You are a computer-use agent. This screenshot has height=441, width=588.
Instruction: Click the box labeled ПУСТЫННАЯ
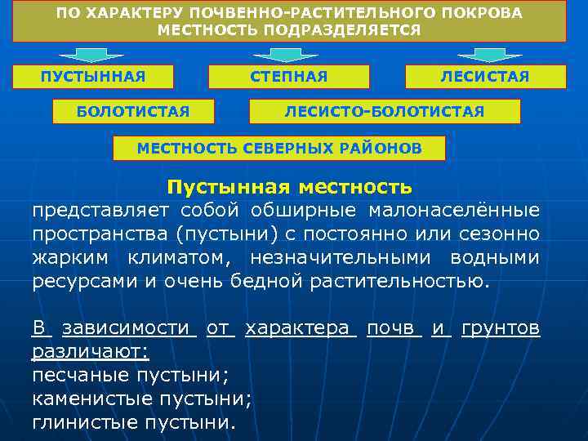click(94, 77)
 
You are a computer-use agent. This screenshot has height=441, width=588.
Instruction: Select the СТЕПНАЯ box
click(290, 77)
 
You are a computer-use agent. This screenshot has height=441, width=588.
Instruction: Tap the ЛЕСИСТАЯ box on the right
click(485, 77)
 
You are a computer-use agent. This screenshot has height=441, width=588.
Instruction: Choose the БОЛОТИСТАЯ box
click(133, 111)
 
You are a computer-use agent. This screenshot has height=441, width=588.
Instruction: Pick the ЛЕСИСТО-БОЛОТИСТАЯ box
click(384, 111)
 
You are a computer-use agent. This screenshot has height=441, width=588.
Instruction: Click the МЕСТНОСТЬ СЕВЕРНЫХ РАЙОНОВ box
click(279, 148)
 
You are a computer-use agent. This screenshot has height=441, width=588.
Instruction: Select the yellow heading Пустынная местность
click(290, 187)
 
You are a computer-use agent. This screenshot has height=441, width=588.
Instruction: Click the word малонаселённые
click(454, 211)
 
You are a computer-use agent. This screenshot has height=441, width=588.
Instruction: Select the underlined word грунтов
click(500, 328)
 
